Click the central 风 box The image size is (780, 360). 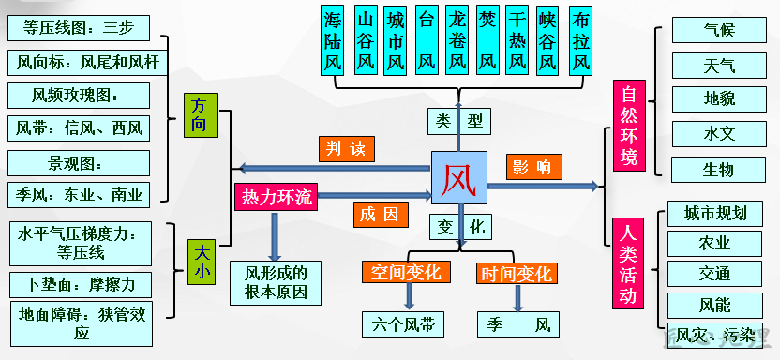click(459, 177)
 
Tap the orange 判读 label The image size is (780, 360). click(346, 147)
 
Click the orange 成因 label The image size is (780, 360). click(381, 214)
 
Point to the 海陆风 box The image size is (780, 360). click(334, 41)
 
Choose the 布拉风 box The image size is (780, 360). click(581, 41)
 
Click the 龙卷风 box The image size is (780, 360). click(457, 41)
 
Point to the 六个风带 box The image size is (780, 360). click(404, 324)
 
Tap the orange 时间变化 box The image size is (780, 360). click(516, 273)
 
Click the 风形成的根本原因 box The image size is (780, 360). click(276, 282)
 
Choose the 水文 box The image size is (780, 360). click(719, 134)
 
